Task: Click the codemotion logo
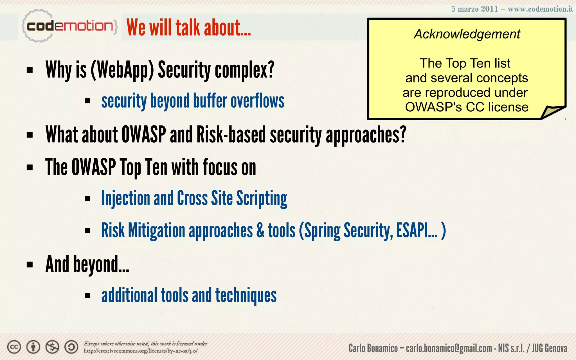tap(69, 26)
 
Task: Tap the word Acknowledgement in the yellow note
tap(467, 34)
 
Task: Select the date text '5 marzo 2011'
tap(474, 9)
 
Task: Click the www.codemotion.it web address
tap(540, 9)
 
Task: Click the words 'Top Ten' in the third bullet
tap(143, 167)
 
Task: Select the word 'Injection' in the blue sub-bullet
tap(125, 198)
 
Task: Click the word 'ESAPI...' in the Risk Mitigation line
tap(417, 230)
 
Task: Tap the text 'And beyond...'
tap(87, 264)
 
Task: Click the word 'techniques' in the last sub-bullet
tap(246, 295)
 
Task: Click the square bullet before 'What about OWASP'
tap(30, 135)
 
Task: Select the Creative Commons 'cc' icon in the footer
tap(14, 347)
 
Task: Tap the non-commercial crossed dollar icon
tap(52, 347)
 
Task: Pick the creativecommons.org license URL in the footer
tap(140, 351)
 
